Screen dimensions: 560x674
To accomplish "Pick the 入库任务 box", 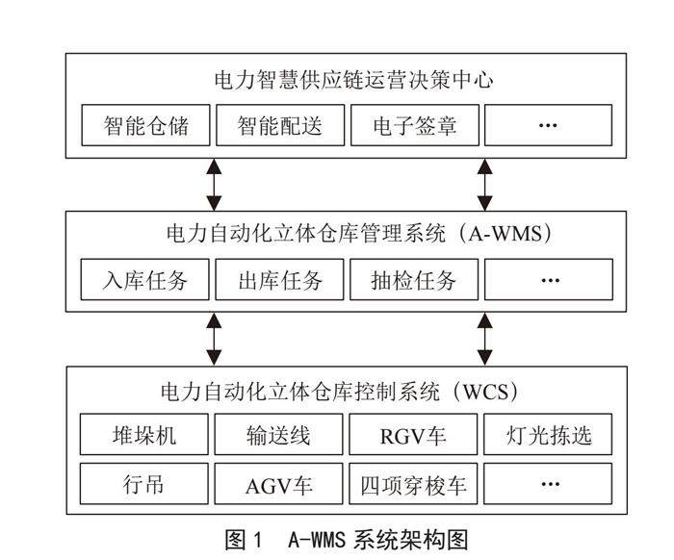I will tap(144, 281).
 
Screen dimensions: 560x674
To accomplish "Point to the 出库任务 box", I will tap(278, 281).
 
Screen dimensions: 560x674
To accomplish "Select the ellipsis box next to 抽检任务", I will tap(548, 281).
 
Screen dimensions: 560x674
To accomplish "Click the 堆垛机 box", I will tap(144, 436).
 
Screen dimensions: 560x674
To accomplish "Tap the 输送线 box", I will tap(278, 436).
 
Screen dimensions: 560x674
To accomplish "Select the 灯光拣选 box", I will tap(548, 436).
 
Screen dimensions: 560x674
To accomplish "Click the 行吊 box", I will tap(144, 483).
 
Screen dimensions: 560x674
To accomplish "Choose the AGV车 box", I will tap(278, 483).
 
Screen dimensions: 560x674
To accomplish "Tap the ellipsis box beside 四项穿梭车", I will tap(548, 483).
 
